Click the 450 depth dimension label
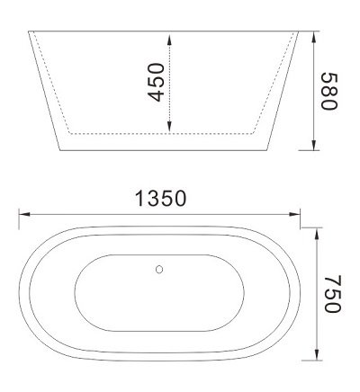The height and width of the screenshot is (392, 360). pos(157,82)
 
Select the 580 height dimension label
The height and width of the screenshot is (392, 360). pos(328,91)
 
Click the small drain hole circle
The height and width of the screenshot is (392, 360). pos(160,268)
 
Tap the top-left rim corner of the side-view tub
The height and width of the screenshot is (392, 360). pos(30,31)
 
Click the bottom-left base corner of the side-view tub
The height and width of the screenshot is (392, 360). pos(60,151)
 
